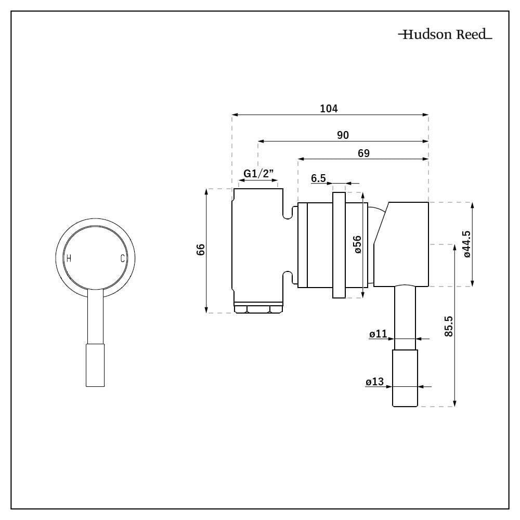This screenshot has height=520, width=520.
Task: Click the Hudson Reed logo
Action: click(x=445, y=35)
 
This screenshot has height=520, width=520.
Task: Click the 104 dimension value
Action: click(x=329, y=108)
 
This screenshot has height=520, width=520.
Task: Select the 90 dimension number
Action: click(x=342, y=135)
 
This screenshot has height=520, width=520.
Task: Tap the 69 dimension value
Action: click(x=363, y=153)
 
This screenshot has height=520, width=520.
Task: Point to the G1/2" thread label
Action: click(x=259, y=174)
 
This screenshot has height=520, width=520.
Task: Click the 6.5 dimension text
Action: click(x=318, y=178)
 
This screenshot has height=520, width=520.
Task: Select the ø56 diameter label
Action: click(x=357, y=244)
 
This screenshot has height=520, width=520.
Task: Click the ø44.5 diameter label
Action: click(x=466, y=244)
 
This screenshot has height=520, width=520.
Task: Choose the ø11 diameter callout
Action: click(x=378, y=334)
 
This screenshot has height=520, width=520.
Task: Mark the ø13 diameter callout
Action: click(x=374, y=382)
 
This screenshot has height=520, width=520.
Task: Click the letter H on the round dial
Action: click(x=69, y=258)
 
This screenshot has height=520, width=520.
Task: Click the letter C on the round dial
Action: click(x=122, y=258)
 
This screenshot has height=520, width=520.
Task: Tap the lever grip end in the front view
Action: click(x=95, y=365)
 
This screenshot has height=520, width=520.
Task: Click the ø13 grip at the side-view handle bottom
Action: click(x=405, y=379)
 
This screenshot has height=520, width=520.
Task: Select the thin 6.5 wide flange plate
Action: click(x=339, y=244)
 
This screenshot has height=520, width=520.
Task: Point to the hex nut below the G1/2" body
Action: click(x=258, y=309)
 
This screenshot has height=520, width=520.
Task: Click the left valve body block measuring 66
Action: click(x=258, y=244)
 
